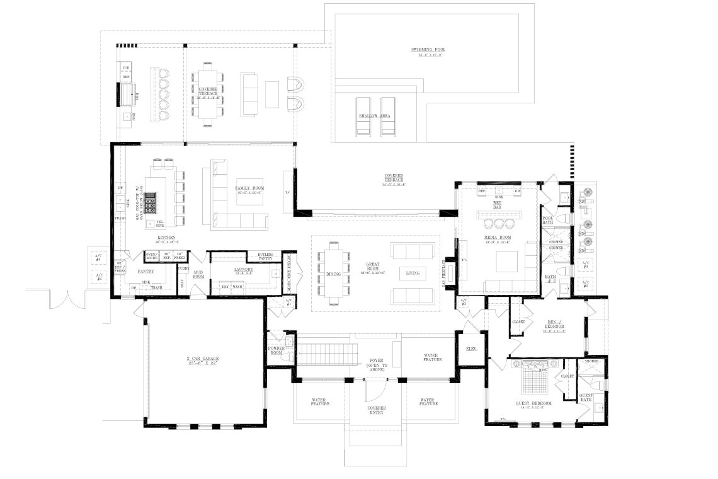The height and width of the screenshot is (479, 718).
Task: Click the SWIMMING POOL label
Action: [426, 49]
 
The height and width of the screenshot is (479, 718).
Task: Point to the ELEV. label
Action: [470, 348]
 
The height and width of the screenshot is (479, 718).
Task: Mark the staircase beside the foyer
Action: [322, 354]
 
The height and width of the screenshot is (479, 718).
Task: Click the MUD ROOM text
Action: [198, 275]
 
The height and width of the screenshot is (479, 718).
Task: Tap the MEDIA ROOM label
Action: [497, 238]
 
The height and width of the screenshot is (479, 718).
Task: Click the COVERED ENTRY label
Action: [377, 410]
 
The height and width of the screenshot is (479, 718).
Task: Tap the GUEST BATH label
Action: [585, 398]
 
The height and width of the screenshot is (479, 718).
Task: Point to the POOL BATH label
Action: [549, 221]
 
